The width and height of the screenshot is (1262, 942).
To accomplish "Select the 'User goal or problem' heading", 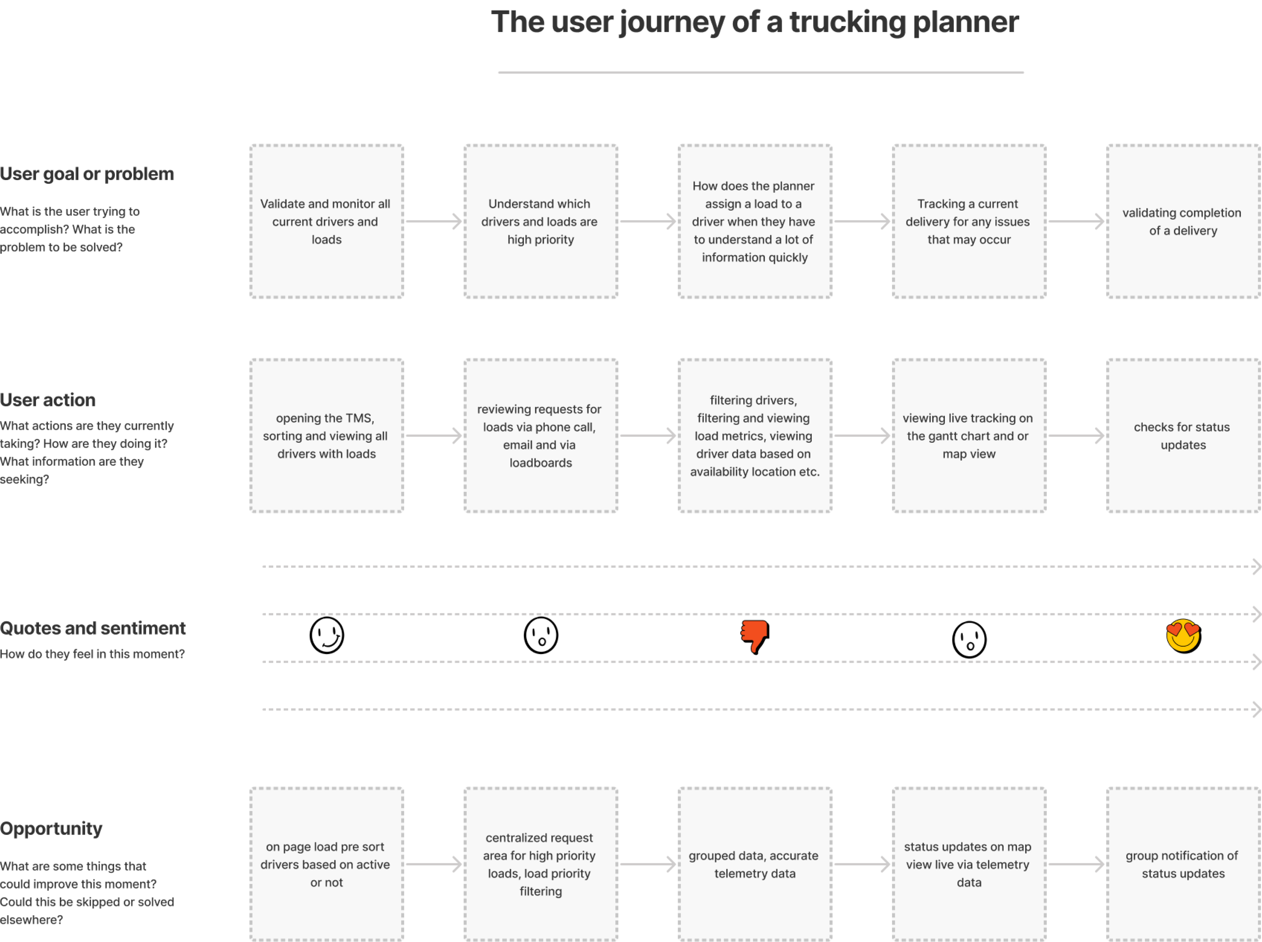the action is tap(87, 174).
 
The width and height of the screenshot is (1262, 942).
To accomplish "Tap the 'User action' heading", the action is tap(48, 400).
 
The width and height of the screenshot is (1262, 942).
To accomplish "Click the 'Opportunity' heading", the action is tap(51, 829).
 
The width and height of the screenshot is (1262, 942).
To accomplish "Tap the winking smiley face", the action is tap(327, 635).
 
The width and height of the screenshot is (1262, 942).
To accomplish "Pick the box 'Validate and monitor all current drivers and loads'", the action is tap(327, 221).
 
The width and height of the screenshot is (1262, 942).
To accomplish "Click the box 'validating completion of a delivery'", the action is tap(1183, 221).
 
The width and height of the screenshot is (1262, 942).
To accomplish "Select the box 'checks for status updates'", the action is tap(1183, 436).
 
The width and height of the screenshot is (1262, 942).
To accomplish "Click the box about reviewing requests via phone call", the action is tap(541, 436).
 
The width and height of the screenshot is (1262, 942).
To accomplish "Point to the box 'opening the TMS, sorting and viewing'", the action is tap(327, 436).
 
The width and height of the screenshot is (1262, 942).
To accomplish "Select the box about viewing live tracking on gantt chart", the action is tap(969, 436).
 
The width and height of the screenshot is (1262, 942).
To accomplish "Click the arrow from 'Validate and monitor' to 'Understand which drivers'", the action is tap(434, 221).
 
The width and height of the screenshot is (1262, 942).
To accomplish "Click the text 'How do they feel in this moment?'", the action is tap(92, 654).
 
